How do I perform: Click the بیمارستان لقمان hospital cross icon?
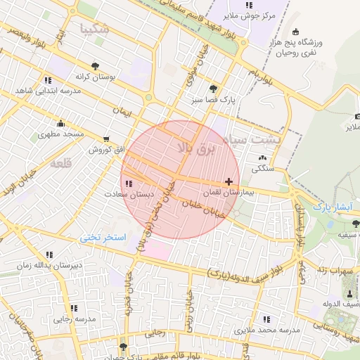click(x=229, y=181)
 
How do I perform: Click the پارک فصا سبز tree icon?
click(x=212, y=89)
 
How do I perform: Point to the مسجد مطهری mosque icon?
click(x=61, y=123)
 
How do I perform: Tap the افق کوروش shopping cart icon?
click(x=105, y=139)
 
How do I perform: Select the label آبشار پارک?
click(x=331, y=207)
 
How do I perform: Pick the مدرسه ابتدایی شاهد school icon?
click(x=47, y=80)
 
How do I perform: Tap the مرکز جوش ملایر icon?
click(x=249, y=5)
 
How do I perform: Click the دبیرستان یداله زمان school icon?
click(x=49, y=255)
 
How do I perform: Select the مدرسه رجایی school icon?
click(x=74, y=308)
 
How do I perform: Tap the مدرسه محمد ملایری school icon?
click(x=266, y=319)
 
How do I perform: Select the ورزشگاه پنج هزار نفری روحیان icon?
click(x=295, y=32)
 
